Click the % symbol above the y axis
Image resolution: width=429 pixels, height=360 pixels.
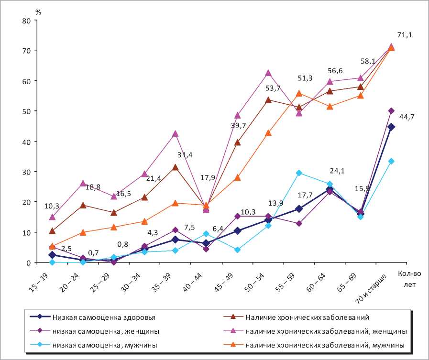[x=39, y=12]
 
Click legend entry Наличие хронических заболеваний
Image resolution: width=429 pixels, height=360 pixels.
[x=307, y=316]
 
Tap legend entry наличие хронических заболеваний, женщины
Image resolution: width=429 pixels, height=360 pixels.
[x=326, y=330]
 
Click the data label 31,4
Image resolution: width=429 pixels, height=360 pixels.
[x=184, y=155]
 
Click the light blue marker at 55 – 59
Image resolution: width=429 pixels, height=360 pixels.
[x=299, y=173]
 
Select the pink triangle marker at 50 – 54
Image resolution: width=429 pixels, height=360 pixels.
[x=268, y=73]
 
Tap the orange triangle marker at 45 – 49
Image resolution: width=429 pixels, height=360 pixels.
[x=237, y=178]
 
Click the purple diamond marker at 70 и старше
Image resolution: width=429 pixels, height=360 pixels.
[x=391, y=111]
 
